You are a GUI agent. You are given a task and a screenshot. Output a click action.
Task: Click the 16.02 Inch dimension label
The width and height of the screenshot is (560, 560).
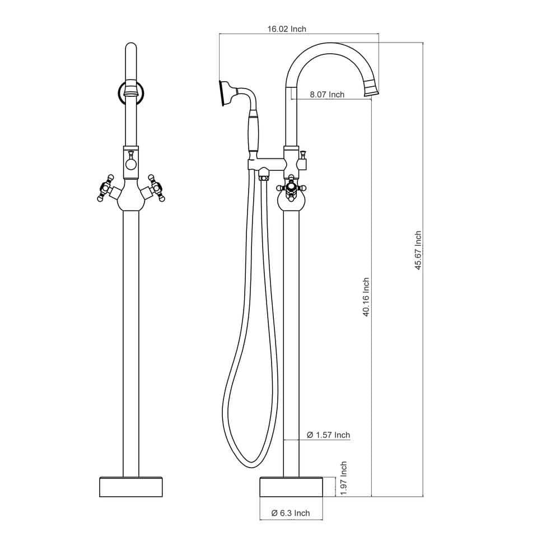pyautogui.click(x=287, y=29)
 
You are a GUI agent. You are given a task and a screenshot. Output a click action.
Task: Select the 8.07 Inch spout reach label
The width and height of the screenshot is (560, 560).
pyautogui.click(x=328, y=95)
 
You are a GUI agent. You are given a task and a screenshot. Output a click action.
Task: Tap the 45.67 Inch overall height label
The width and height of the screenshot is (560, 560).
pyautogui.click(x=418, y=250)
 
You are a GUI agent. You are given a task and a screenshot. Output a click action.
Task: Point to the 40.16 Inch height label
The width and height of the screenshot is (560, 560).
pyautogui.click(x=366, y=297)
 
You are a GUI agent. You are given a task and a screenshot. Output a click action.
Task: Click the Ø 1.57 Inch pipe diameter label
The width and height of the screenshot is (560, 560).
pyautogui.click(x=328, y=435)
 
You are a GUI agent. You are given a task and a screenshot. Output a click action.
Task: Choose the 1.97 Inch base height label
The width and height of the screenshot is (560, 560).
pyautogui.click(x=343, y=477)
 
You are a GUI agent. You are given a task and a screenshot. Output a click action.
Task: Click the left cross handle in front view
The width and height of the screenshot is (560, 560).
pyautogui.click(x=104, y=189)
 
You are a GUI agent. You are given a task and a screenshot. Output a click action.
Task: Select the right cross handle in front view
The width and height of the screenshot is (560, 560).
pyautogui.click(x=157, y=189)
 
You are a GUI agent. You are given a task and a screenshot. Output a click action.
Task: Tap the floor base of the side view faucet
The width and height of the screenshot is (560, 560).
pyautogui.click(x=291, y=486)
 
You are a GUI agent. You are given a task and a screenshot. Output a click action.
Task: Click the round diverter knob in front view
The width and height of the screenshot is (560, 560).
pyautogui.click(x=130, y=164)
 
